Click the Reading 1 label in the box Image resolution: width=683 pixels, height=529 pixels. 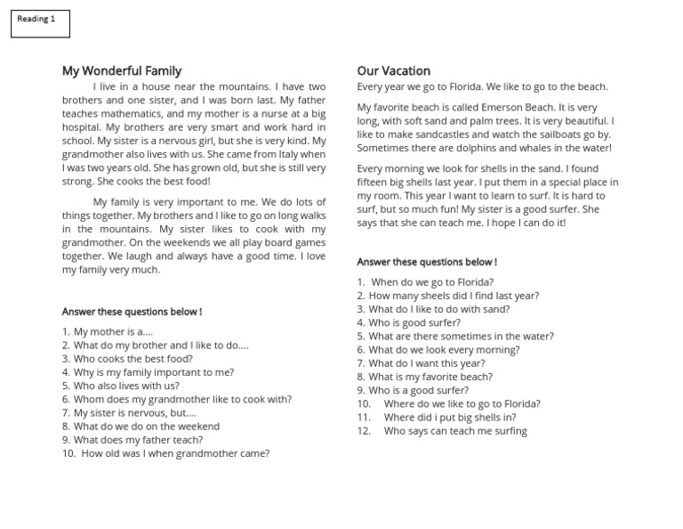(36, 19)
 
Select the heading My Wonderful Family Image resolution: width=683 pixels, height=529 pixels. (122, 71)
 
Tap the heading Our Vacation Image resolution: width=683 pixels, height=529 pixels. (393, 71)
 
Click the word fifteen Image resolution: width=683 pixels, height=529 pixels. (374, 182)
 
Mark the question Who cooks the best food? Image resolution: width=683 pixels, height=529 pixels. (133, 359)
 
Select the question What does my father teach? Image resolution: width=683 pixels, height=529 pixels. (138, 439)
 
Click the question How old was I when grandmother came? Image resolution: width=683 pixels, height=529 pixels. (175, 453)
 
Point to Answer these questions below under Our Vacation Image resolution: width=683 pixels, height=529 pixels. (427, 262)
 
